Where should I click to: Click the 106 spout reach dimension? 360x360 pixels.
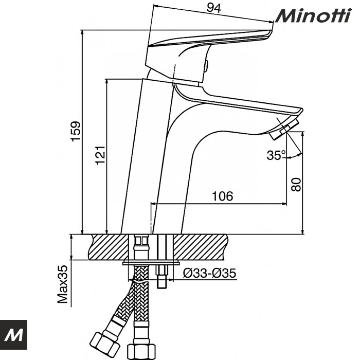(223, 196)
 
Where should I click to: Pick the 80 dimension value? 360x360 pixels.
(296, 184)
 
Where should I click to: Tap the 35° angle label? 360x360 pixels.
(276, 155)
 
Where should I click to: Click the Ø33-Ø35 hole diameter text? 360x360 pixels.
(210, 273)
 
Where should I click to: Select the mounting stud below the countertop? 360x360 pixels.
(162, 275)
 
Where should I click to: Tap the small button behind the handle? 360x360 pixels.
(207, 66)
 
